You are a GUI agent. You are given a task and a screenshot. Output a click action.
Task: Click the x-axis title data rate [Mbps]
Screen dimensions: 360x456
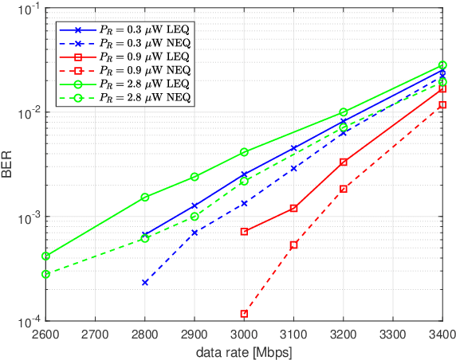pos(244,351)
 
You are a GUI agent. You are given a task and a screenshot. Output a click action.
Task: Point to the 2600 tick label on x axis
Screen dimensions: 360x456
pos(45,335)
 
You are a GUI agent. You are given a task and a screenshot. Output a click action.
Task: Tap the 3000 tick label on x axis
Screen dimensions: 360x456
pos(244,335)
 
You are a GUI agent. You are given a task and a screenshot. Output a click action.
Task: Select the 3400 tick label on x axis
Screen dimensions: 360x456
pos(442,335)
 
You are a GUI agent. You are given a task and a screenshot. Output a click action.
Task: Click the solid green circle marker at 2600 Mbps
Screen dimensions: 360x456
pos(46,256)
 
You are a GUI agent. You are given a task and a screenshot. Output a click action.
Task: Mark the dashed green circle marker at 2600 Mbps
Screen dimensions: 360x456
pos(46,274)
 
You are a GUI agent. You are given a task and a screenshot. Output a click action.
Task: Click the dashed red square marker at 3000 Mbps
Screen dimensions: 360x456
pos(244,314)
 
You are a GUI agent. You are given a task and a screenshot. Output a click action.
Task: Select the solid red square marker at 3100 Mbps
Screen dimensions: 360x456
pos(293,208)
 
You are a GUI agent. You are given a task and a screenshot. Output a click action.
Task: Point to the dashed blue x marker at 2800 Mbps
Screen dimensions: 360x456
pos(145,283)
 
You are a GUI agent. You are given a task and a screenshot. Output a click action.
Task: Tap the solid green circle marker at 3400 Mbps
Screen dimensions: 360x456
pos(442,65)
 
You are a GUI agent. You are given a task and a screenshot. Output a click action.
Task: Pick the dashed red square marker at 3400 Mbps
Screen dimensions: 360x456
pos(442,105)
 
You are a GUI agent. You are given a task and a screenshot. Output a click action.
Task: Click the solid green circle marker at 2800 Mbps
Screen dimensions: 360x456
pos(145,197)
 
